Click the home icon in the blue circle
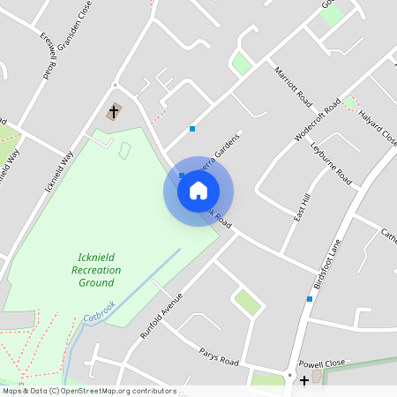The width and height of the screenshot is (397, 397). (198, 190)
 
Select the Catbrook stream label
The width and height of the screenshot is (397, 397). (100, 310)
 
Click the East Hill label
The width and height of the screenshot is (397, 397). (300, 206)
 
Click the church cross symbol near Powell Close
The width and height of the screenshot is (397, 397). (304, 380)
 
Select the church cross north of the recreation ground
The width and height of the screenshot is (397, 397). (114, 112)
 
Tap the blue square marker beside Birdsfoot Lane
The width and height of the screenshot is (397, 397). (310, 299)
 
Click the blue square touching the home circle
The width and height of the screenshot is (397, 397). (182, 176)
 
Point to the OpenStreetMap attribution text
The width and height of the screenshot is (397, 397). (88, 391)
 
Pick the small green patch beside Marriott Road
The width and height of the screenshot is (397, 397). (241, 64)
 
